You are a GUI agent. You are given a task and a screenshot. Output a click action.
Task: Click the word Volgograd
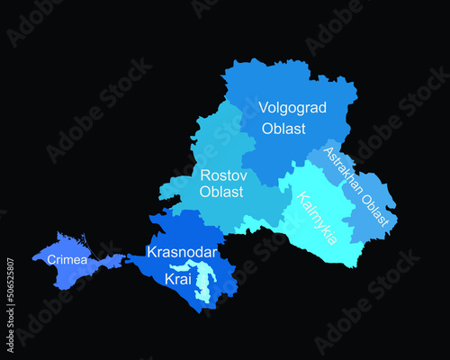291,108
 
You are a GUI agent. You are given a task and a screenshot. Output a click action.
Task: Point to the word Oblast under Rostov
220,193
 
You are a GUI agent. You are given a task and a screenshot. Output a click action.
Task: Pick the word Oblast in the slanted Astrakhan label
379,206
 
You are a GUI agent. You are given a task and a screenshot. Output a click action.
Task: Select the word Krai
176,280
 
